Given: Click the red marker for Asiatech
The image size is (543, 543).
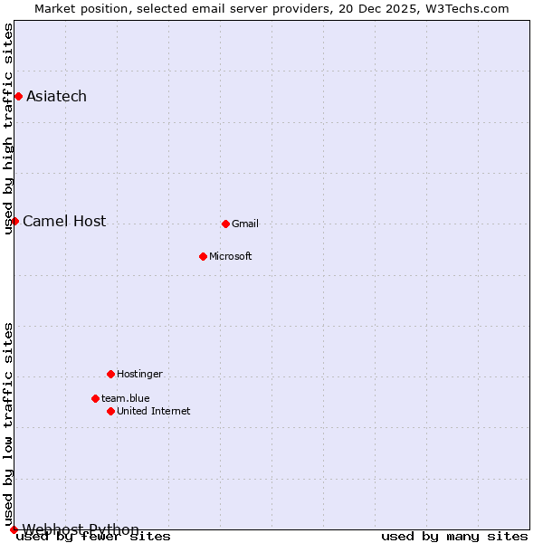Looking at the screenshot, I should click(x=18, y=96).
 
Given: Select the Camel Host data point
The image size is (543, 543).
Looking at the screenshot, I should click(x=14, y=221).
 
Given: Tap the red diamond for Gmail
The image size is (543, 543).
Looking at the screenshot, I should click(x=225, y=224).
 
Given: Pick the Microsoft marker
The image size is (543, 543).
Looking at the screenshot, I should click(x=203, y=256).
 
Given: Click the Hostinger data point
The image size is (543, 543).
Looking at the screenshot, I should click(x=110, y=374).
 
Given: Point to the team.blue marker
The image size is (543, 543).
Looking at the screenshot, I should click(x=95, y=398).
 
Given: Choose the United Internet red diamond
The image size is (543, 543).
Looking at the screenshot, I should click(x=110, y=411).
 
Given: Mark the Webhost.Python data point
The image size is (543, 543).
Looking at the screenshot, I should click(x=14, y=529).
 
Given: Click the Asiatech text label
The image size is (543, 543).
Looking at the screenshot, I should click(x=56, y=96).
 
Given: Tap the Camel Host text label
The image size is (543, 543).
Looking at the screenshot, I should click(x=64, y=221).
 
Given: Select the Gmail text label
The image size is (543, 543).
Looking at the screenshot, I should click(x=245, y=224).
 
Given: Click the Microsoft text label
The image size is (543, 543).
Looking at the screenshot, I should click(x=231, y=256).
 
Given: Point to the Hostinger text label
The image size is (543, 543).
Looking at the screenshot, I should click(x=140, y=374).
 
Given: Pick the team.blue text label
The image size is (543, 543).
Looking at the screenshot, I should click(x=126, y=398).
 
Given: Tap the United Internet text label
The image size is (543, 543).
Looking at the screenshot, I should click(x=154, y=411).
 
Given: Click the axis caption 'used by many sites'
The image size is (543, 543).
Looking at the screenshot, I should click(x=454, y=536).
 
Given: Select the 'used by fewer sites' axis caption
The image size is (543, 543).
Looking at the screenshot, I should click(x=94, y=536).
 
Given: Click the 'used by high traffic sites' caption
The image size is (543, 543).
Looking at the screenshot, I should click(x=8, y=129).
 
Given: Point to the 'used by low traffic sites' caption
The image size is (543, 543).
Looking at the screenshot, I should click(x=8, y=424).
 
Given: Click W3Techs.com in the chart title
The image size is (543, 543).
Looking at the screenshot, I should click(x=467, y=8).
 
